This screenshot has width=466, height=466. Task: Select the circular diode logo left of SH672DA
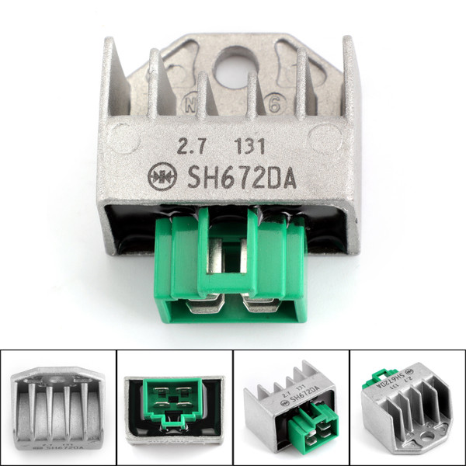163,177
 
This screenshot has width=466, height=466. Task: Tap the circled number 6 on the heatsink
274,103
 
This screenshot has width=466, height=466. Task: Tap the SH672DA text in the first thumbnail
60,448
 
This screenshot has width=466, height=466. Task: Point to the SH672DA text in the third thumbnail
299,403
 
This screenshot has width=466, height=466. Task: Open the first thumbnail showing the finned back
58,408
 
